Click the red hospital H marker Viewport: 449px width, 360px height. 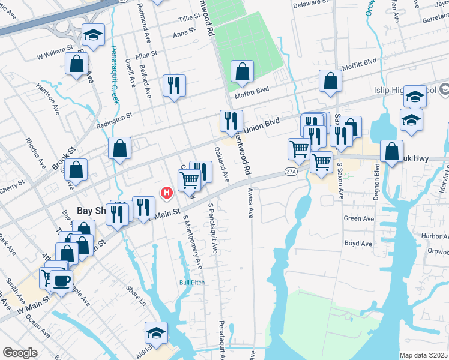tap(167, 193)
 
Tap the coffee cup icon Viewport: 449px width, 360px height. tap(61, 280)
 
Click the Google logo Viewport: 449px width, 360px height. tap(20, 353)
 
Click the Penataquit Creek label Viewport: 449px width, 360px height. tap(115, 78)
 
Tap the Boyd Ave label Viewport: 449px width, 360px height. tap(359, 244)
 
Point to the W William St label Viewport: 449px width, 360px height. tap(55, 52)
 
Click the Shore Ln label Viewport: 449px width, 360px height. tap(136, 295)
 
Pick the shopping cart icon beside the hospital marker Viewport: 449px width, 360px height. tap(189, 179)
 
